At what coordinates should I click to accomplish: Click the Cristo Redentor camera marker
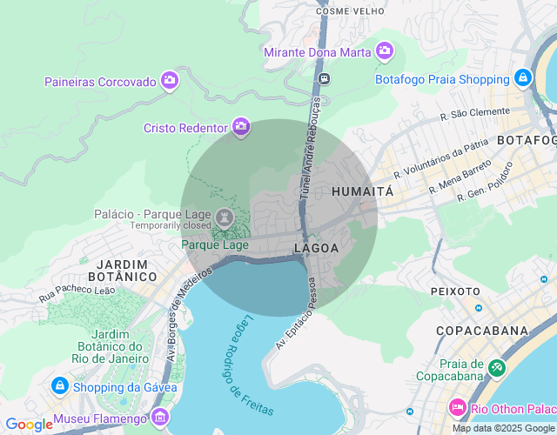coord(241,127)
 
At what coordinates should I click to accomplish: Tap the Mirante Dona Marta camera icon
coord(385,51)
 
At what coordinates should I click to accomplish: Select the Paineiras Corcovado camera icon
coord(170,81)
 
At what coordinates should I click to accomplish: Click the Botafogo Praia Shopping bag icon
coord(522,77)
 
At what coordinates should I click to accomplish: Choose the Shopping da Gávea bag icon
coord(59,385)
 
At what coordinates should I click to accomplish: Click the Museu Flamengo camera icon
coord(159,418)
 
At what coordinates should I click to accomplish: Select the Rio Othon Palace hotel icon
coord(457,407)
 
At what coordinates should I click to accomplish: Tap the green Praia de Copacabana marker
coord(496,368)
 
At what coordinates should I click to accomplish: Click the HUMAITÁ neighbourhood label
coord(363,191)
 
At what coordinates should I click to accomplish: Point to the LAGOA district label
coord(317,248)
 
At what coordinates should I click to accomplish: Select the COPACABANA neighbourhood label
coord(482,331)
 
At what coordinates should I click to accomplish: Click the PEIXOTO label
coord(455,291)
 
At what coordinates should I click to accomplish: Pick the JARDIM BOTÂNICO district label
coord(127,270)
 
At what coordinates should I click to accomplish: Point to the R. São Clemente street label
coord(475,113)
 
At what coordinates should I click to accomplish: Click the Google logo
coord(29,425)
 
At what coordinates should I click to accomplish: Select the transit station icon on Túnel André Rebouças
coord(324,78)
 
